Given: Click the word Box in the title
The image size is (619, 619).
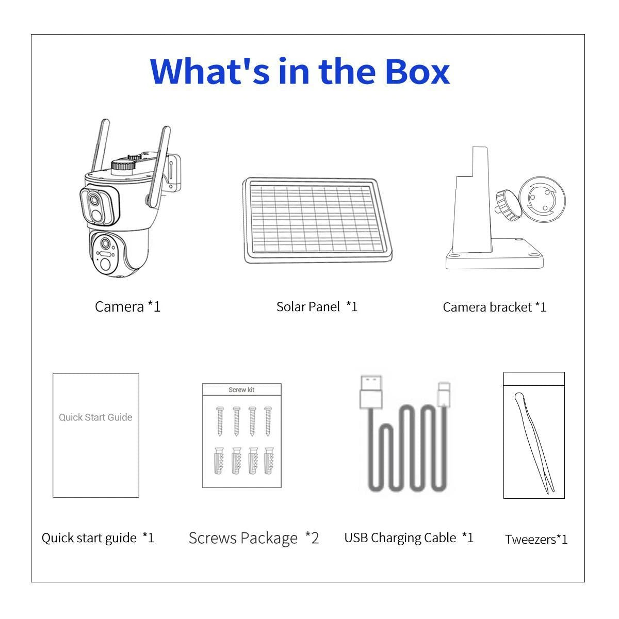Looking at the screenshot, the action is (417, 71).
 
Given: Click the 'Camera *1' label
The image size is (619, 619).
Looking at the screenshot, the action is (127, 306).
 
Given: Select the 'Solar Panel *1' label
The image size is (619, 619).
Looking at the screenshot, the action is (317, 306).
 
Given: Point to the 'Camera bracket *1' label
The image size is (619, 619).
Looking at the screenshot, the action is (494, 307).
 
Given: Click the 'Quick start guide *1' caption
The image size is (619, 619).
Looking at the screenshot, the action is (97, 537).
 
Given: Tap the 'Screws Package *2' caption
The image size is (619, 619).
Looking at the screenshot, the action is (253, 538).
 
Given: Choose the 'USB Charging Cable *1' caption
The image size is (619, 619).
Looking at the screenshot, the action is (409, 537).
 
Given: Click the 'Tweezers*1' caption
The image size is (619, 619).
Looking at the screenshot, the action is (536, 540).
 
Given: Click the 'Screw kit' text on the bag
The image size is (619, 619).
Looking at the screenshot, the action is (241, 389).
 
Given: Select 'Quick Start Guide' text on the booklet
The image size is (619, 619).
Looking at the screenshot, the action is (95, 417).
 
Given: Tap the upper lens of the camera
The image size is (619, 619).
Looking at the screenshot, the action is (94, 200).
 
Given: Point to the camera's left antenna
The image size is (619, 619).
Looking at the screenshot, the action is (100, 146).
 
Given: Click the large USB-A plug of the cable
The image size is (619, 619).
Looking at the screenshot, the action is (371, 392).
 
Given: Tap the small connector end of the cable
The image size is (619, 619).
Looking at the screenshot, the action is (444, 395).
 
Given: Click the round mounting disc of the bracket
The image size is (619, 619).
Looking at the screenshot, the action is (542, 200).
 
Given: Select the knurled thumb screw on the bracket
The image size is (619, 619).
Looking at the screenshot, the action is (508, 205).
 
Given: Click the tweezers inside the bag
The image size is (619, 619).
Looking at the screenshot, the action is (534, 443).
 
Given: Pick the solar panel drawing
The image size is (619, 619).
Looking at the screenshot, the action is (317, 220).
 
